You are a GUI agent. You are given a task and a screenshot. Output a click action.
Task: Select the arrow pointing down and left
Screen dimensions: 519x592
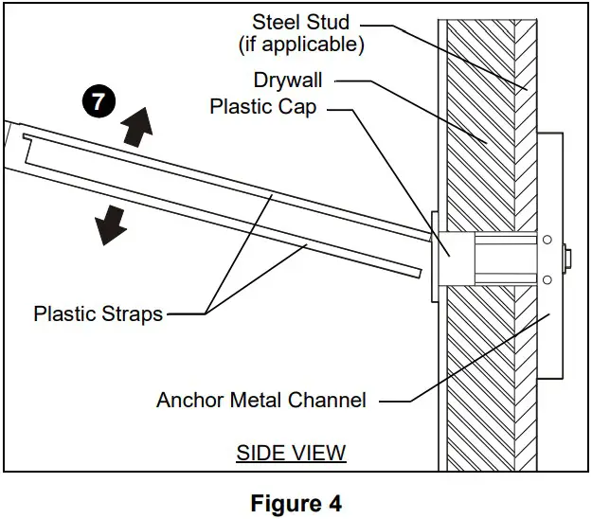110,224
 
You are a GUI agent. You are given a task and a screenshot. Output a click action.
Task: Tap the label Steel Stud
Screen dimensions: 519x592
300,22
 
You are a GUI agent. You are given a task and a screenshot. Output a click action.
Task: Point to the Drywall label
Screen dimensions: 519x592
291,80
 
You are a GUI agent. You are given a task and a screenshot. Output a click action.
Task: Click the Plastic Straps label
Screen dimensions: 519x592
99,313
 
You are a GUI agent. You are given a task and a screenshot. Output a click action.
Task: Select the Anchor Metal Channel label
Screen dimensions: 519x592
261,400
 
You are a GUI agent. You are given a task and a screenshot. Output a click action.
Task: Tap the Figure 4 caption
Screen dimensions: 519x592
296,503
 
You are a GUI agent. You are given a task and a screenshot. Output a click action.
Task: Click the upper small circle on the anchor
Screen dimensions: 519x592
547,241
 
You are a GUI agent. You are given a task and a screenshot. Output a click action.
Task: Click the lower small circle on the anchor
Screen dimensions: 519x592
547,278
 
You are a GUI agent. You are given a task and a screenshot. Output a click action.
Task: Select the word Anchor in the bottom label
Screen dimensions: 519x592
188,400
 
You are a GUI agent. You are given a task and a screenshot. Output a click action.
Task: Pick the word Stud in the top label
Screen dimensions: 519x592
327,22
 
